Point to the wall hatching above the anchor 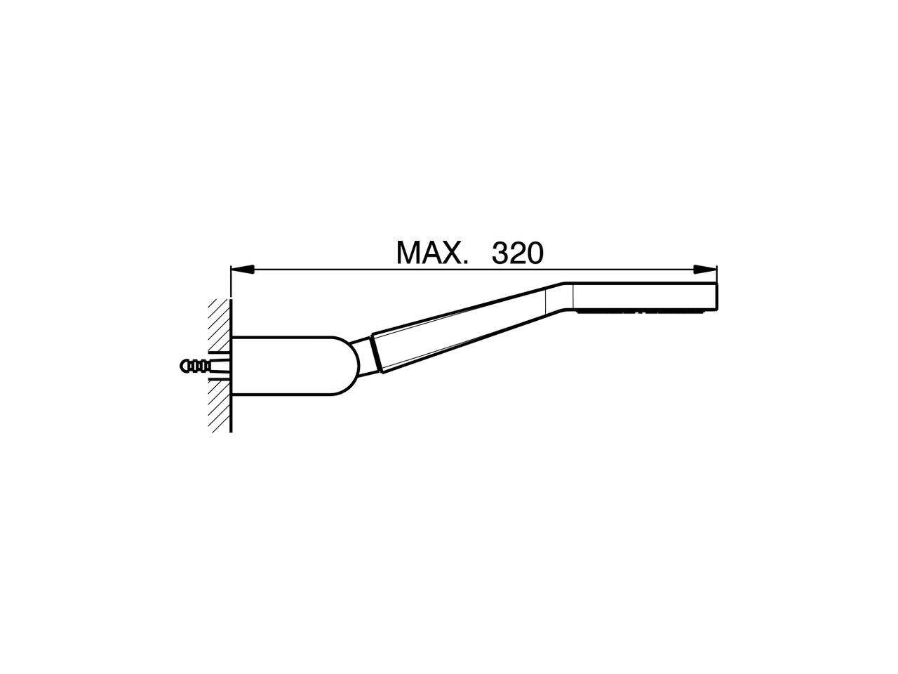pos(219,323)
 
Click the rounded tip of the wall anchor pos(185,366)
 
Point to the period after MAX pos(465,263)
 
